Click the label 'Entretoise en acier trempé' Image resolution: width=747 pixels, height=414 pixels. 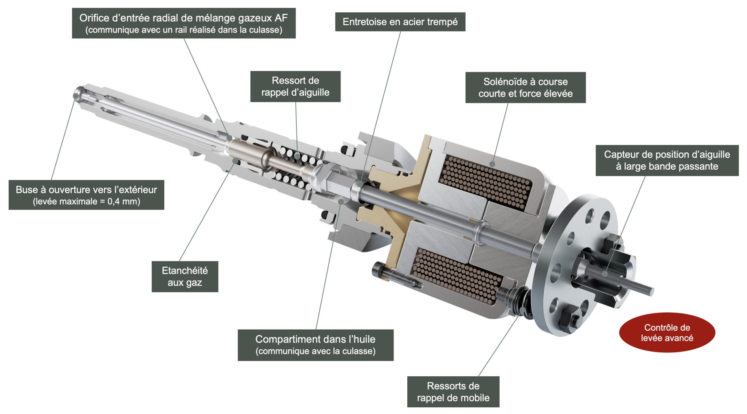tap(400, 22)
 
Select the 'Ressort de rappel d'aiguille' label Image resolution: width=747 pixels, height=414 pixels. tap(295, 86)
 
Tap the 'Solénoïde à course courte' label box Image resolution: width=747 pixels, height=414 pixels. tap(525, 88)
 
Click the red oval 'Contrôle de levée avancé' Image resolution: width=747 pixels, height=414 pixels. tap(667, 333)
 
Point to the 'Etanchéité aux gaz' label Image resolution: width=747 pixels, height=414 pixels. tap(185, 277)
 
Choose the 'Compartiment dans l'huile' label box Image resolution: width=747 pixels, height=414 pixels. tap(315, 345)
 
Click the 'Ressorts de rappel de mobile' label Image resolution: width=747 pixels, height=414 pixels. tap(453, 392)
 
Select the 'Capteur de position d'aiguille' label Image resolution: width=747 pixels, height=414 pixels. tap(667, 160)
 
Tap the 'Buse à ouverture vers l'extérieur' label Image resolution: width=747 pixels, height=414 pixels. tap(86, 195)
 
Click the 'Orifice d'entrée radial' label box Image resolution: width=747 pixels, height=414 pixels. tap(184, 23)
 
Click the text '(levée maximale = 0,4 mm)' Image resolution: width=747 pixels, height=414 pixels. tap(86, 202)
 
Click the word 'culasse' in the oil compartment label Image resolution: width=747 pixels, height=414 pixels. tap(357, 351)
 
